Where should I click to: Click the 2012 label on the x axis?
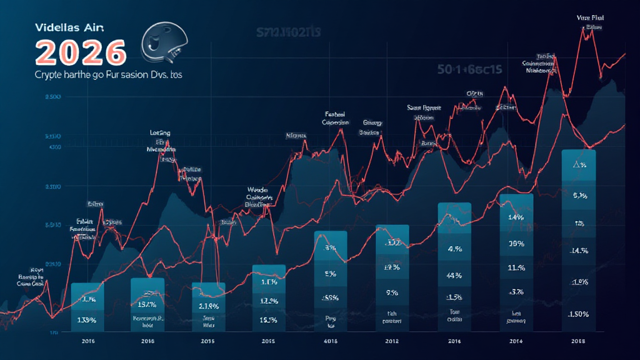(x=391, y=341)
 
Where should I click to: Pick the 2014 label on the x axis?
(x=516, y=341)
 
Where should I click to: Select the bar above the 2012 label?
(x=392, y=276)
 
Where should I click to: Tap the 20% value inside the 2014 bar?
(x=516, y=243)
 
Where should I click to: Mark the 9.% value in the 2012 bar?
(x=392, y=292)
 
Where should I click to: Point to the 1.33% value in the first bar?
(x=86, y=321)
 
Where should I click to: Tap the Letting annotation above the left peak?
(x=161, y=133)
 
